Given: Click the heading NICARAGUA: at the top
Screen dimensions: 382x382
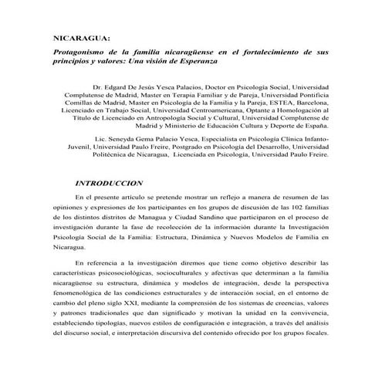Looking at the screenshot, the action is tap(80, 36).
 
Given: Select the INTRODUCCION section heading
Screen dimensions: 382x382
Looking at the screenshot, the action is tap(110, 184).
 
